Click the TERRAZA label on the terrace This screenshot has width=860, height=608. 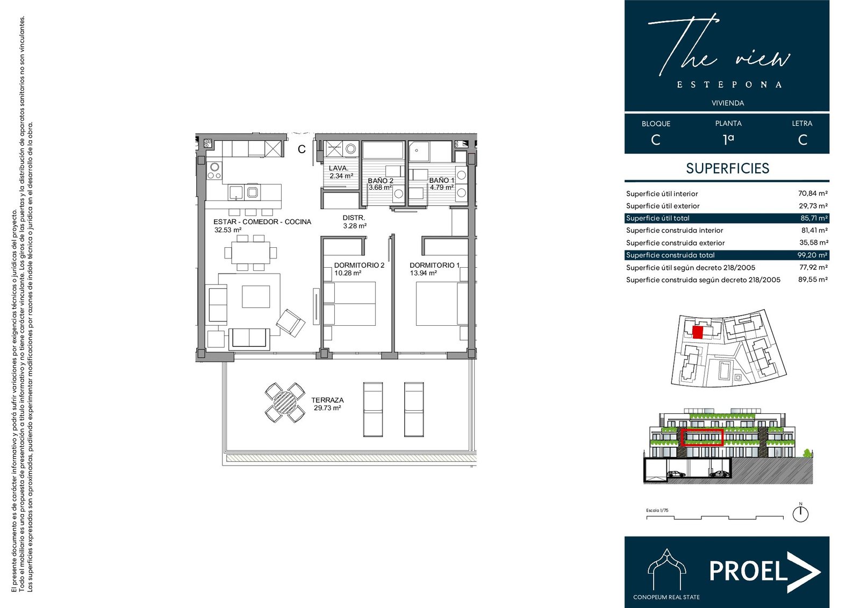(x=327, y=400)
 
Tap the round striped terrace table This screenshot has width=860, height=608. (x=285, y=403)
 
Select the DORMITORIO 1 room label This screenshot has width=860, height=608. (x=434, y=265)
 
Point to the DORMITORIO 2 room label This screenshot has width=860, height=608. (x=359, y=265)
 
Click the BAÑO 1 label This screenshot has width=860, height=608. (x=441, y=180)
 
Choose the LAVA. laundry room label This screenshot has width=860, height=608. (x=338, y=168)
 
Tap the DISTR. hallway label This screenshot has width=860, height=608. (x=354, y=218)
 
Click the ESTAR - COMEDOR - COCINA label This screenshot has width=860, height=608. (x=262, y=221)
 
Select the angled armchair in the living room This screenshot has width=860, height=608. (x=291, y=323)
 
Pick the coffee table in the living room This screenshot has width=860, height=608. (x=256, y=297)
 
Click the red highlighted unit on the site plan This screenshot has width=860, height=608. (x=698, y=332)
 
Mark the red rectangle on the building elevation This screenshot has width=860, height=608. (x=702, y=438)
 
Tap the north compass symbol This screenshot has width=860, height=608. (x=800, y=513)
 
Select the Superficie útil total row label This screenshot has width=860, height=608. (x=658, y=218)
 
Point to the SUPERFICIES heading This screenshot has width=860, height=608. (x=728, y=168)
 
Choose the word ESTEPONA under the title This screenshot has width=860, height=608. (x=729, y=84)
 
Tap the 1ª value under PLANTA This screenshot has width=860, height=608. (x=728, y=139)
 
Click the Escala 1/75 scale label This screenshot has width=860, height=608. (x=657, y=511)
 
